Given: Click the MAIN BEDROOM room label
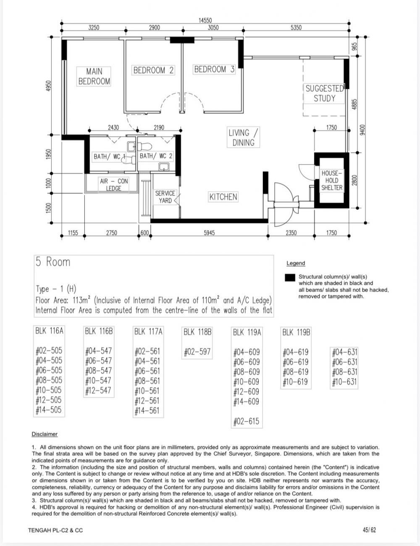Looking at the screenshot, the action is click(94, 77).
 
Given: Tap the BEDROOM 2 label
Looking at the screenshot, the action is click(153, 70).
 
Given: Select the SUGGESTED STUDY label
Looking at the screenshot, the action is click(324, 93).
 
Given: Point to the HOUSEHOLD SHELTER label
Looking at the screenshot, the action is click(332, 180).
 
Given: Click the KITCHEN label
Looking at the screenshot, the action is click(223, 197).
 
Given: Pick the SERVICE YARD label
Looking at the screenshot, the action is click(165, 197).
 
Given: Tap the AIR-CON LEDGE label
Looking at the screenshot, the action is click(114, 185).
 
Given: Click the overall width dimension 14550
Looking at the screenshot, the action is click(205, 20).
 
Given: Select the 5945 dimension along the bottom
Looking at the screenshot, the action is click(209, 233).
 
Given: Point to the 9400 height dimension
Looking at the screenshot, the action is click(362, 130).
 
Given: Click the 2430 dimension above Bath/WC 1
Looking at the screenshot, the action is click(113, 127).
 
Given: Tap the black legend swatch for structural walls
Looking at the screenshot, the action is click(290, 278).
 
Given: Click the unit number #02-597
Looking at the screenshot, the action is click(197, 352).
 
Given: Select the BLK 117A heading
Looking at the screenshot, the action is click(148, 331).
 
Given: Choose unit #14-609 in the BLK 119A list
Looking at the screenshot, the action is click(246, 401).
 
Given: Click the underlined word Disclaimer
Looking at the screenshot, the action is click(45, 434).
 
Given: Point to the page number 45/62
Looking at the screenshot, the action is click(369, 530).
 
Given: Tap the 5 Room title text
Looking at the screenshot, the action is click(53, 262).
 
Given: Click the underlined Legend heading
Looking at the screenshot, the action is click(296, 263).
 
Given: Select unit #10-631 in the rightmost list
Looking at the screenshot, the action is click(344, 382).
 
